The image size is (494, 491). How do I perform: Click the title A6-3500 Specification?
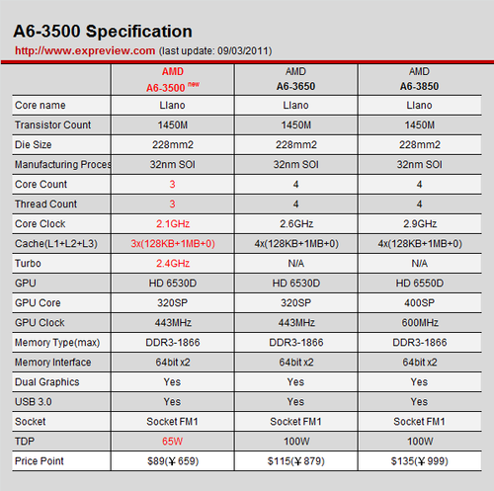(x=103, y=32)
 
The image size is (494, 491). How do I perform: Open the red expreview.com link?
(x=85, y=50)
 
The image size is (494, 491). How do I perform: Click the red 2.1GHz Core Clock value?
(x=173, y=224)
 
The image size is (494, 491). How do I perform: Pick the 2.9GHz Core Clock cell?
(x=420, y=224)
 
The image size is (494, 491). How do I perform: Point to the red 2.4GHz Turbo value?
(x=173, y=264)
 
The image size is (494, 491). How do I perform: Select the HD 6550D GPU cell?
(x=420, y=284)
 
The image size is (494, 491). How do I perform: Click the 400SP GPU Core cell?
(x=419, y=303)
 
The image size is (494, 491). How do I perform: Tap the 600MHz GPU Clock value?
(x=420, y=323)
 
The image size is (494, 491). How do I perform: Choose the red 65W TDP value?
(x=172, y=442)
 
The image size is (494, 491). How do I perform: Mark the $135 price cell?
(x=420, y=461)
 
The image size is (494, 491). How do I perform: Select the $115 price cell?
(x=296, y=461)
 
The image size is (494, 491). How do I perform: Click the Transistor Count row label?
(x=52, y=125)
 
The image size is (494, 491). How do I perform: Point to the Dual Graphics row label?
(x=47, y=382)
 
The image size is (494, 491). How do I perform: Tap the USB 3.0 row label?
(x=34, y=402)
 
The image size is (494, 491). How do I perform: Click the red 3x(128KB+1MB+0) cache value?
(x=173, y=244)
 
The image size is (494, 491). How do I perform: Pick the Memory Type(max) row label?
(x=57, y=343)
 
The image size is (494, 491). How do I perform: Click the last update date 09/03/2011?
(x=243, y=51)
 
